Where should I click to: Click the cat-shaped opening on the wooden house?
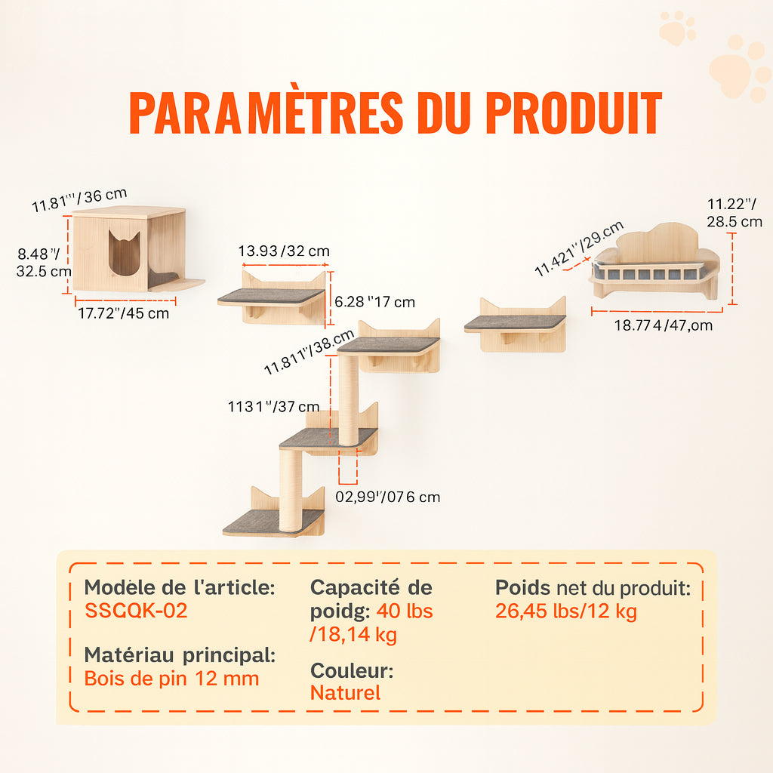point(125,253)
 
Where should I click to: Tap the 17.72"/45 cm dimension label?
point(124,313)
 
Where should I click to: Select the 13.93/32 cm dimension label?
point(284,251)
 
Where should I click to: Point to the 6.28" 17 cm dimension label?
point(374,302)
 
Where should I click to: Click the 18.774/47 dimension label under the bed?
point(663,325)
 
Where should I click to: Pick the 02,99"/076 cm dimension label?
point(388,497)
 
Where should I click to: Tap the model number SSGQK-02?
point(136,610)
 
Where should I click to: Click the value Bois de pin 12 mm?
point(171,679)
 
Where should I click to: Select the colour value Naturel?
point(345,693)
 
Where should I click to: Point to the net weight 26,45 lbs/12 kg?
point(566,611)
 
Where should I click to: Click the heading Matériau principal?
point(180,655)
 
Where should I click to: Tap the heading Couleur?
point(352,670)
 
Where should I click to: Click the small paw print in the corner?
point(677,28)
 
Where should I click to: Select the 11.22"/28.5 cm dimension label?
point(735,212)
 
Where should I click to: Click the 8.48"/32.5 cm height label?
point(44,262)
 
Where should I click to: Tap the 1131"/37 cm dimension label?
point(273,406)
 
